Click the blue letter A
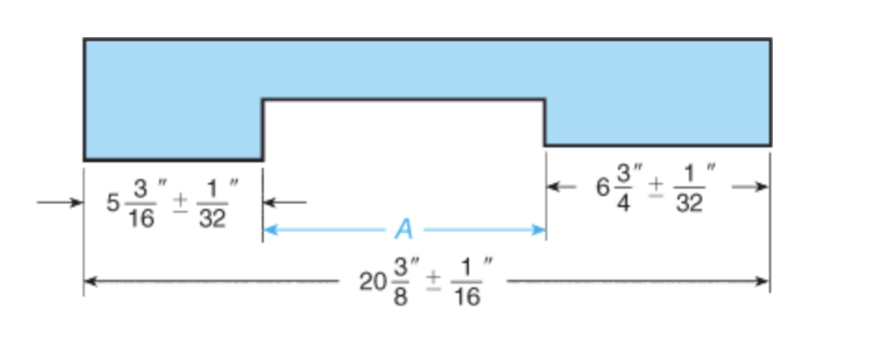tap(403, 229)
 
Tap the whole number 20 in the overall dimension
tap(370, 283)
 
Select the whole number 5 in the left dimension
tap(114, 203)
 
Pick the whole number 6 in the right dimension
tap(604, 187)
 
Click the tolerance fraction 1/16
tap(466, 283)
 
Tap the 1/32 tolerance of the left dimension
tap(212, 203)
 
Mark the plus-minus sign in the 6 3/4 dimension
tap(656, 186)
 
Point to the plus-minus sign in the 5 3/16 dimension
tap(179, 202)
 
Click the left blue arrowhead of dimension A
tap(269, 230)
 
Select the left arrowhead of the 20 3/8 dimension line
tap(90, 282)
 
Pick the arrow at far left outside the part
tap(77, 202)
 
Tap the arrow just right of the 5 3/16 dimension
tap(269, 202)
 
